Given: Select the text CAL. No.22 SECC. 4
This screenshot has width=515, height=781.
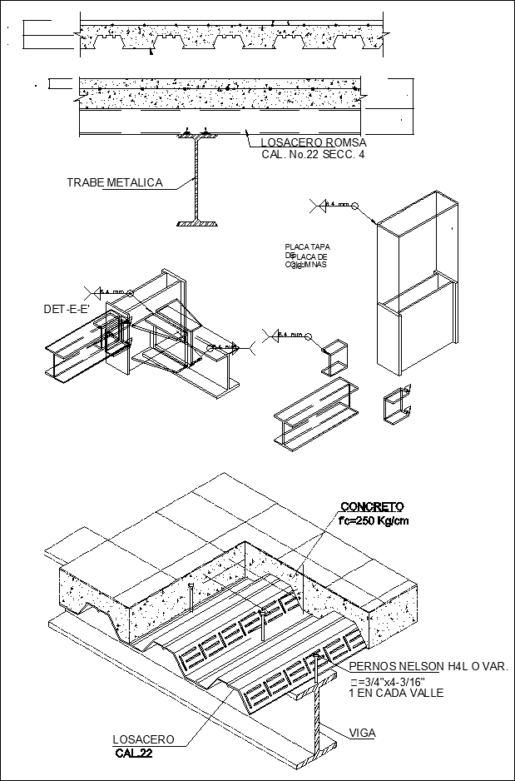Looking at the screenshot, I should click(307, 154).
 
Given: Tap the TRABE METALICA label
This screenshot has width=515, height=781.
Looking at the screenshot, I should click(114, 182).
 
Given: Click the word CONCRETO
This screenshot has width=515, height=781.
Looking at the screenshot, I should click(371, 506).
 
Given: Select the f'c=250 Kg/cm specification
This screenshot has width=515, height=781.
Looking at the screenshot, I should click(374, 521).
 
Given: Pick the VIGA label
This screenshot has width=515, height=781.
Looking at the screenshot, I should click(362, 733).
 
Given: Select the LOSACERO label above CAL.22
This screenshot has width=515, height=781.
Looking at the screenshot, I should click(143, 739).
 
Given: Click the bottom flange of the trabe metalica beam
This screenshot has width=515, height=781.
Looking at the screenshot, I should click(198, 222).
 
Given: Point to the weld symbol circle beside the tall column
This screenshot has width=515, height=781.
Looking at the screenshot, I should click(354, 205).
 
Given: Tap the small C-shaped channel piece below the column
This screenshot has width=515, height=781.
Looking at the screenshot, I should click(397, 408).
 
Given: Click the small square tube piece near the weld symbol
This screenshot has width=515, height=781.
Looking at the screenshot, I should click(334, 356).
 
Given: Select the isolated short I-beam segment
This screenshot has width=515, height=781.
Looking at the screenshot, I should click(314, 412).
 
